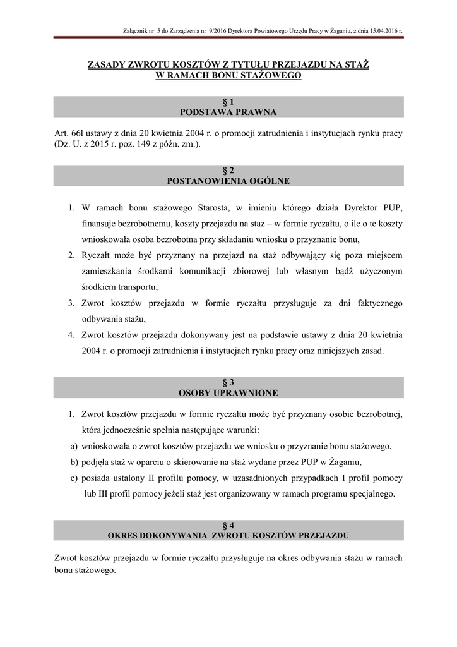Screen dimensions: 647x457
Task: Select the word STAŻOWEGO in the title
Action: (268, 76)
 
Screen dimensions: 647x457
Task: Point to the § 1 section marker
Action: (228, 102)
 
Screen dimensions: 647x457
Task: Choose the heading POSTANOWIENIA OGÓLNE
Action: (228, 181)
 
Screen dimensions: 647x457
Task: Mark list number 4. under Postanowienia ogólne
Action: (71, 335)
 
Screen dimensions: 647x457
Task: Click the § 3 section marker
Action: (228, 382)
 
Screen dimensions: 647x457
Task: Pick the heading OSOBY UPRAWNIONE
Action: (228, 393)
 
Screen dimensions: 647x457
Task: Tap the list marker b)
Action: (74, 462)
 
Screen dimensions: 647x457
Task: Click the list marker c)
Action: (74, 478)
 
